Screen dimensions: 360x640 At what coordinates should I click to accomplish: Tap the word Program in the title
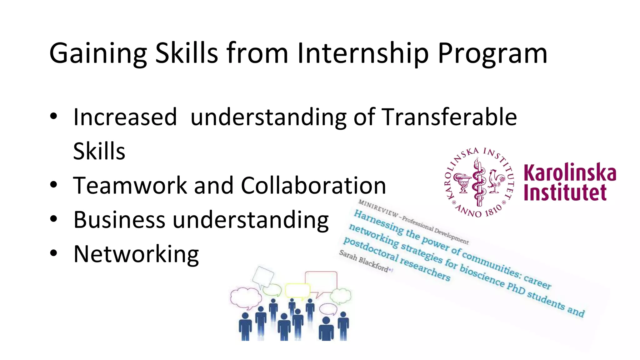coord(492,54)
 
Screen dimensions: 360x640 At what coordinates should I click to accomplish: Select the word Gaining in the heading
coord(98,54)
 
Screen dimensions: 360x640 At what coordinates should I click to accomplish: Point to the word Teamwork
coord(130,185)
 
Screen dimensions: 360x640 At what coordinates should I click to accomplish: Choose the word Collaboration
coord(313,185)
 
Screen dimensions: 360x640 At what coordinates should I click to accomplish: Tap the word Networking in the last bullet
coord(136,254)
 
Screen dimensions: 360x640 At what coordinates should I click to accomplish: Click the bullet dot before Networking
coord(54,252)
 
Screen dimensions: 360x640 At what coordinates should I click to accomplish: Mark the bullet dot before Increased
coord(54,116)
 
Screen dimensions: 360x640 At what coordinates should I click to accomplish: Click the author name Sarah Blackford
coord(364,261)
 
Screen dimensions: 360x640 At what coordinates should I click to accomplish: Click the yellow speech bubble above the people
coord(297,290)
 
